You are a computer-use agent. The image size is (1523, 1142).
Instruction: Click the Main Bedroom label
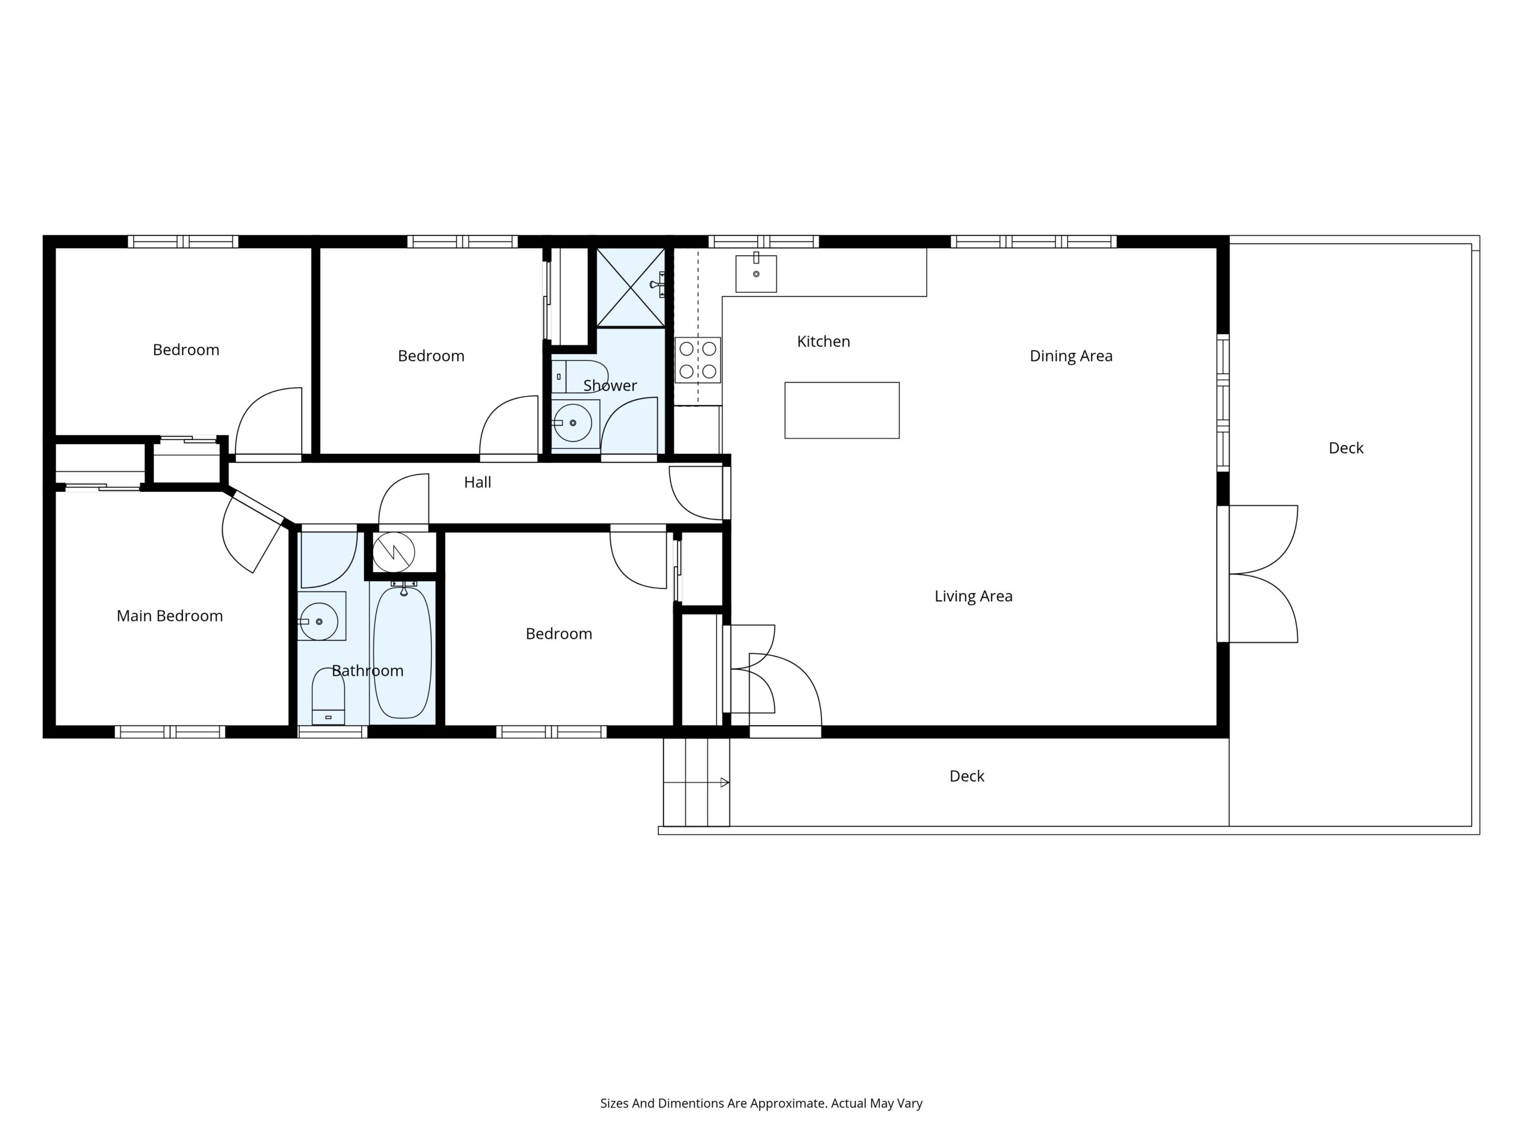tap(170, 616)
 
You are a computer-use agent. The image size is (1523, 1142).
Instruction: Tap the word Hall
tap(477, 482)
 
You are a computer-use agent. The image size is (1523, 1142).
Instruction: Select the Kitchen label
tap(823, 341)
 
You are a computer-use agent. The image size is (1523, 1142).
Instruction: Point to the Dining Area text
tap(1071, 356)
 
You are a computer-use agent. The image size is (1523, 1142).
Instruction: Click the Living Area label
tap(973, 596)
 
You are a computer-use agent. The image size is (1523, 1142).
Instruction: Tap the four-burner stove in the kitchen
tap(697, 360)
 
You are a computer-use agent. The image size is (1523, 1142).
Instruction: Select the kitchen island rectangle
tap(841, 410)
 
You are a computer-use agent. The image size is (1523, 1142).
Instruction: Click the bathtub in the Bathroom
tap(402, 652)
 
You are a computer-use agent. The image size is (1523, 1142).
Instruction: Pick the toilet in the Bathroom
tap(328, 695)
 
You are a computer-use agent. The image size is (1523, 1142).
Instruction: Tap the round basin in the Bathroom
tap(319, 621)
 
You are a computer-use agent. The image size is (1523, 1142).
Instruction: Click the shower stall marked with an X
tap(630, 288)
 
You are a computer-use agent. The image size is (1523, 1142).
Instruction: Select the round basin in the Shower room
tap(573, 423)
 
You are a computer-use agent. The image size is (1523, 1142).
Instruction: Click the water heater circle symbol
tap(393, 552)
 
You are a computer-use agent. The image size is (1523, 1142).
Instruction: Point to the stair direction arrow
tap(725, 782)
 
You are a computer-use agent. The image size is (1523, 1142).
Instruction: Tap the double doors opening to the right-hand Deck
tap(1264, 574)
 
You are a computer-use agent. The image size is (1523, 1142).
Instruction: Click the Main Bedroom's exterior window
tap(170, 732)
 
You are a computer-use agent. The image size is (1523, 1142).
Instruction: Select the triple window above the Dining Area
tap(1033, 241)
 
